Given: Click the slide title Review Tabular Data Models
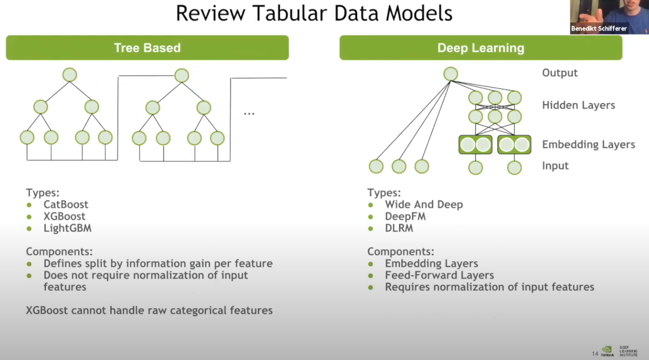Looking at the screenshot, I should tap(314, 13).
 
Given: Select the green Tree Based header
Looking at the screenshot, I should tap(147, 48).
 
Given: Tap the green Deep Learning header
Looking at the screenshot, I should tap(480, 48).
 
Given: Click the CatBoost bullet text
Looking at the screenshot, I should tap(66, 205).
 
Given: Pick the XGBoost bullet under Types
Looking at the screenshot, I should tap(64, 216).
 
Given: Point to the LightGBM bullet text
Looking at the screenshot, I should tap(67, 228).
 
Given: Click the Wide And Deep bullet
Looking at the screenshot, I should tap(424, 205).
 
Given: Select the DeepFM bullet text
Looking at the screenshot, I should tap(405, 216).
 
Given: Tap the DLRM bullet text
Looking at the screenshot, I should tap(399, 228).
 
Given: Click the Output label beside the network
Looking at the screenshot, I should tap(560, 73).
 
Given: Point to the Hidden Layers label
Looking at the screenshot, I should tap(578, 105).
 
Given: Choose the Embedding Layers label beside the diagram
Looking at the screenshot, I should tap(588, 145).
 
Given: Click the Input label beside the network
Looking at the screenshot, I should tap(555, 166).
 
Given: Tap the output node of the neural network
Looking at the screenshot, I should tap(451, 74).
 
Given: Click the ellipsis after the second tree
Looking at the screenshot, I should tap(249, 112).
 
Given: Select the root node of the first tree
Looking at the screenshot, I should tap(69, 75).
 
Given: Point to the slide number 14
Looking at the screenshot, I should tap(595, 354).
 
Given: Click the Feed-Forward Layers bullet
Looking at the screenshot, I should tap(439, 275).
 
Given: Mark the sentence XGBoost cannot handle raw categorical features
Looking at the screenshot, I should tap(149, 310).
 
